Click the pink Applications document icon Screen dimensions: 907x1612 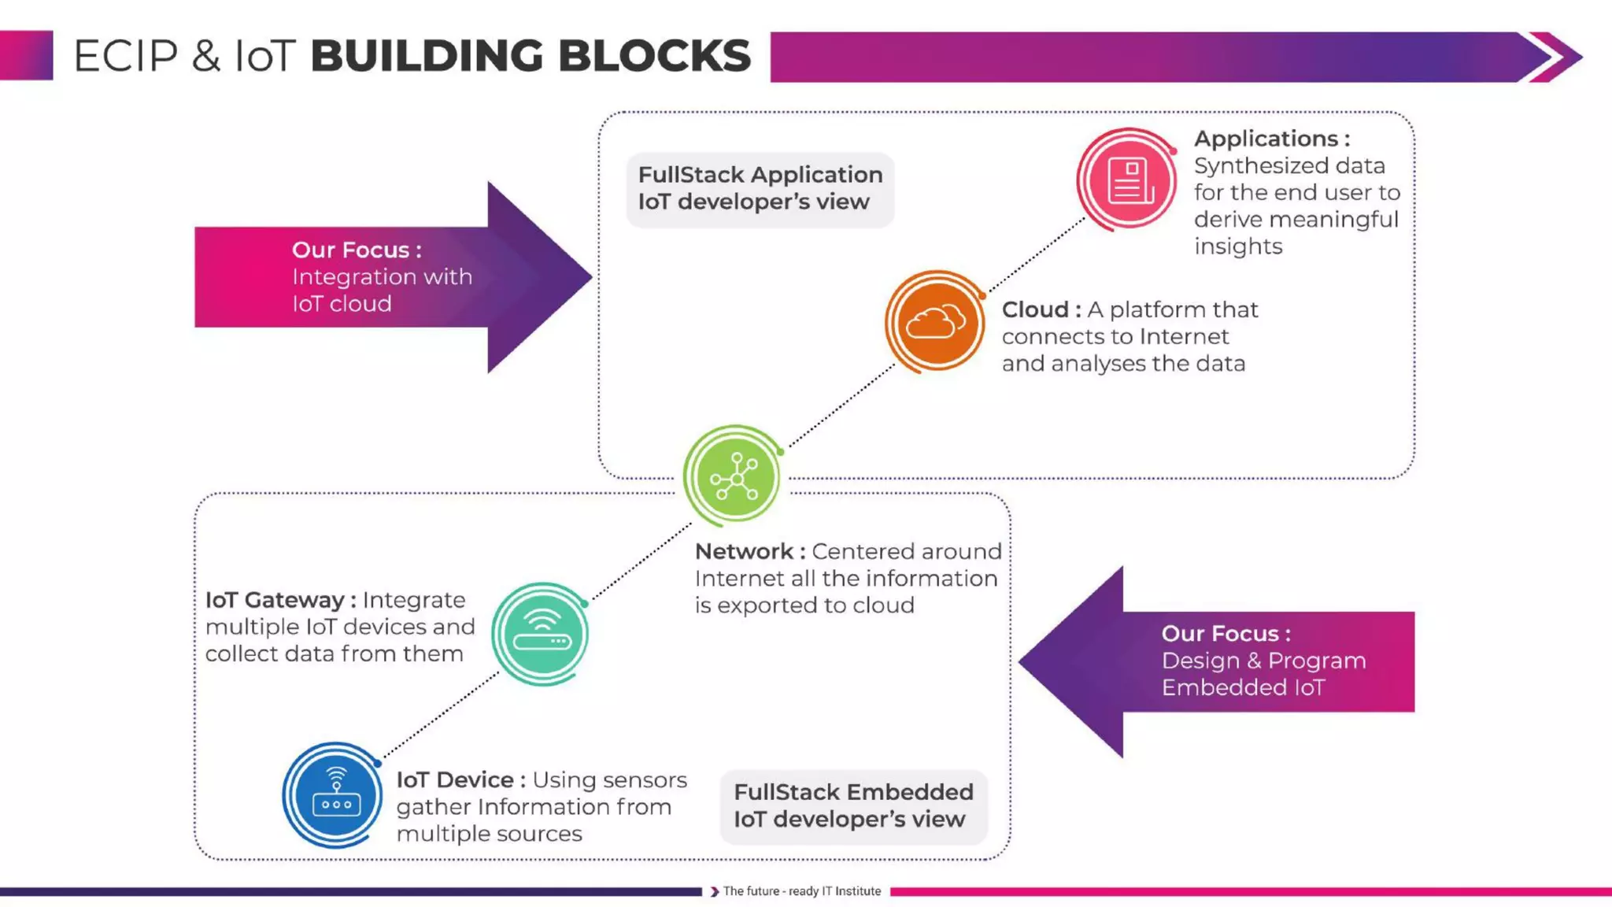click(1127, 180)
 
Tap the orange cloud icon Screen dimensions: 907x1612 click(935, 322)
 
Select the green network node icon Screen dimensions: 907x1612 click(734, 476)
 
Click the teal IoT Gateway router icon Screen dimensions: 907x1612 click(541, 634)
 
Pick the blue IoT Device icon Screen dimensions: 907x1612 click(335, 795)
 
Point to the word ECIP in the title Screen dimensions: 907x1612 click(126, 57)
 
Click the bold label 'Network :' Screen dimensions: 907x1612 click(749, 551)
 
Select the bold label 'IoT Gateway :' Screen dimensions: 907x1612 click(280, 600)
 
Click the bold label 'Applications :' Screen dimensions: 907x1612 click(1271, 139)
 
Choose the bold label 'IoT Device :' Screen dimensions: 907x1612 click(460, 779)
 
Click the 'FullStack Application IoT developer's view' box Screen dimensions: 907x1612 click(760, 189)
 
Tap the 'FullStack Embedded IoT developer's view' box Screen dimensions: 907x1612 click(852, 805)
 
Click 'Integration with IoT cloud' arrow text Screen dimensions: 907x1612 click(382, 290)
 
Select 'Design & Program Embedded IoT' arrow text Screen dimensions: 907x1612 click(1263, 674)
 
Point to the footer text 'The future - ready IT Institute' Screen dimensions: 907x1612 click(801, 891)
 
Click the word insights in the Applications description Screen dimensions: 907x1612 click(1237, 246)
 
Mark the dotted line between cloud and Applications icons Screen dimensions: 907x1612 click(1037, 255)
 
